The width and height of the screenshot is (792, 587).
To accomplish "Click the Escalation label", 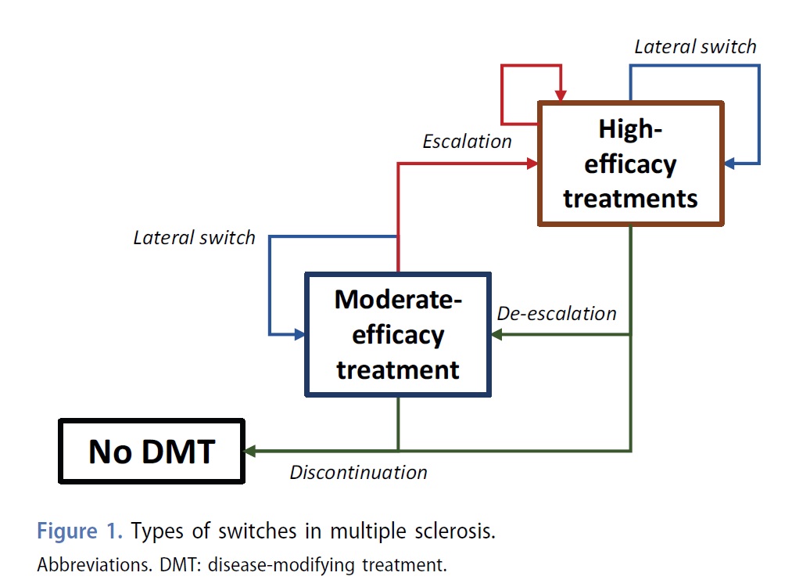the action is coord(468,142).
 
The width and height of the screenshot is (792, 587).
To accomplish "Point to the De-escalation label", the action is coord(557,314).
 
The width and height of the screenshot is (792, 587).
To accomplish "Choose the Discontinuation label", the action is coord(359,472).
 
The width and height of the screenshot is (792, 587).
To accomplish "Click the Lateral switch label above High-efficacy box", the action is coord(696,46).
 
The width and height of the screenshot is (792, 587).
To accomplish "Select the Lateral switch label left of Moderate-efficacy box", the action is coord(195,238).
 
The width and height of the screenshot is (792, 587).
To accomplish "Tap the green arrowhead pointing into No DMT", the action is coord(249,451).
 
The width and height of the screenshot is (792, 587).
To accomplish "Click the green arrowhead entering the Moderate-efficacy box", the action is coord(497,334).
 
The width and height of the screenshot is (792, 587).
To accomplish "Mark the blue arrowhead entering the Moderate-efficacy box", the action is coord(299,334).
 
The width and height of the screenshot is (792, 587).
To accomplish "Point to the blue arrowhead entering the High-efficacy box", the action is coord(730,164).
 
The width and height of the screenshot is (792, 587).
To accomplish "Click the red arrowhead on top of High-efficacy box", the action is coord(561,95).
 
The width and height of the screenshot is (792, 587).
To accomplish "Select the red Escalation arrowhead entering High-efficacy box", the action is coord(532,164).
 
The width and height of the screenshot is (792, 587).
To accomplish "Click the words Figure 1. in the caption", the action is coord(80,531).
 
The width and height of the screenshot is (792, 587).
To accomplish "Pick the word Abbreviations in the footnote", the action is coord(95,565).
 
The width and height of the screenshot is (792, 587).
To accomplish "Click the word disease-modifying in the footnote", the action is coord(281,565).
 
